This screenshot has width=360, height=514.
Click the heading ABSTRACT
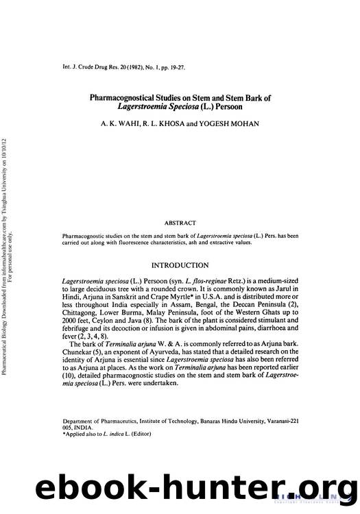(180, 222)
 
